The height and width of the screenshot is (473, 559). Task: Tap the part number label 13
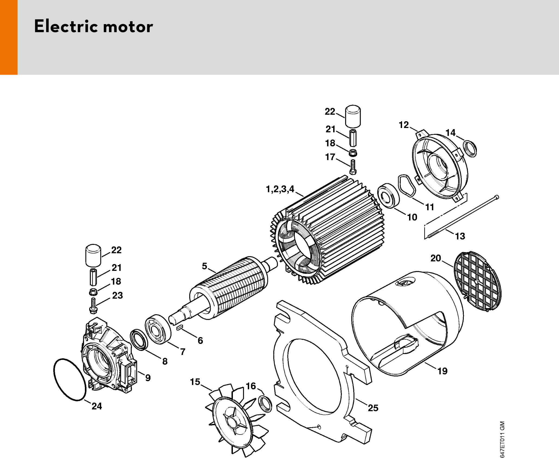460,236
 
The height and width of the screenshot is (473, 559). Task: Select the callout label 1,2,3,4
280,189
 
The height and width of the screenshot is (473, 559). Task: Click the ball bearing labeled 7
158,329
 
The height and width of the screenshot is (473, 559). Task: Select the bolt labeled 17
353,167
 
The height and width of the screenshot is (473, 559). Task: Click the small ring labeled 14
470,148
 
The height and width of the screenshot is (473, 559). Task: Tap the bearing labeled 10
389,196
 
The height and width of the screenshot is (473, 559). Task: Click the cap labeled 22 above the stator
353,116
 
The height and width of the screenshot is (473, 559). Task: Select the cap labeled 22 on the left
93,255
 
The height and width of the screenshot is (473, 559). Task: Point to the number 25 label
373,408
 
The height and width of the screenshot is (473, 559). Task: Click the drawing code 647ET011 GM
502,440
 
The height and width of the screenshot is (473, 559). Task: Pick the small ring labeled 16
265,404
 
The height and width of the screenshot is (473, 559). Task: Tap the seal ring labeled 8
139,340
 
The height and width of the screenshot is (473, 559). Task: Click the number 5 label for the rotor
204,266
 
